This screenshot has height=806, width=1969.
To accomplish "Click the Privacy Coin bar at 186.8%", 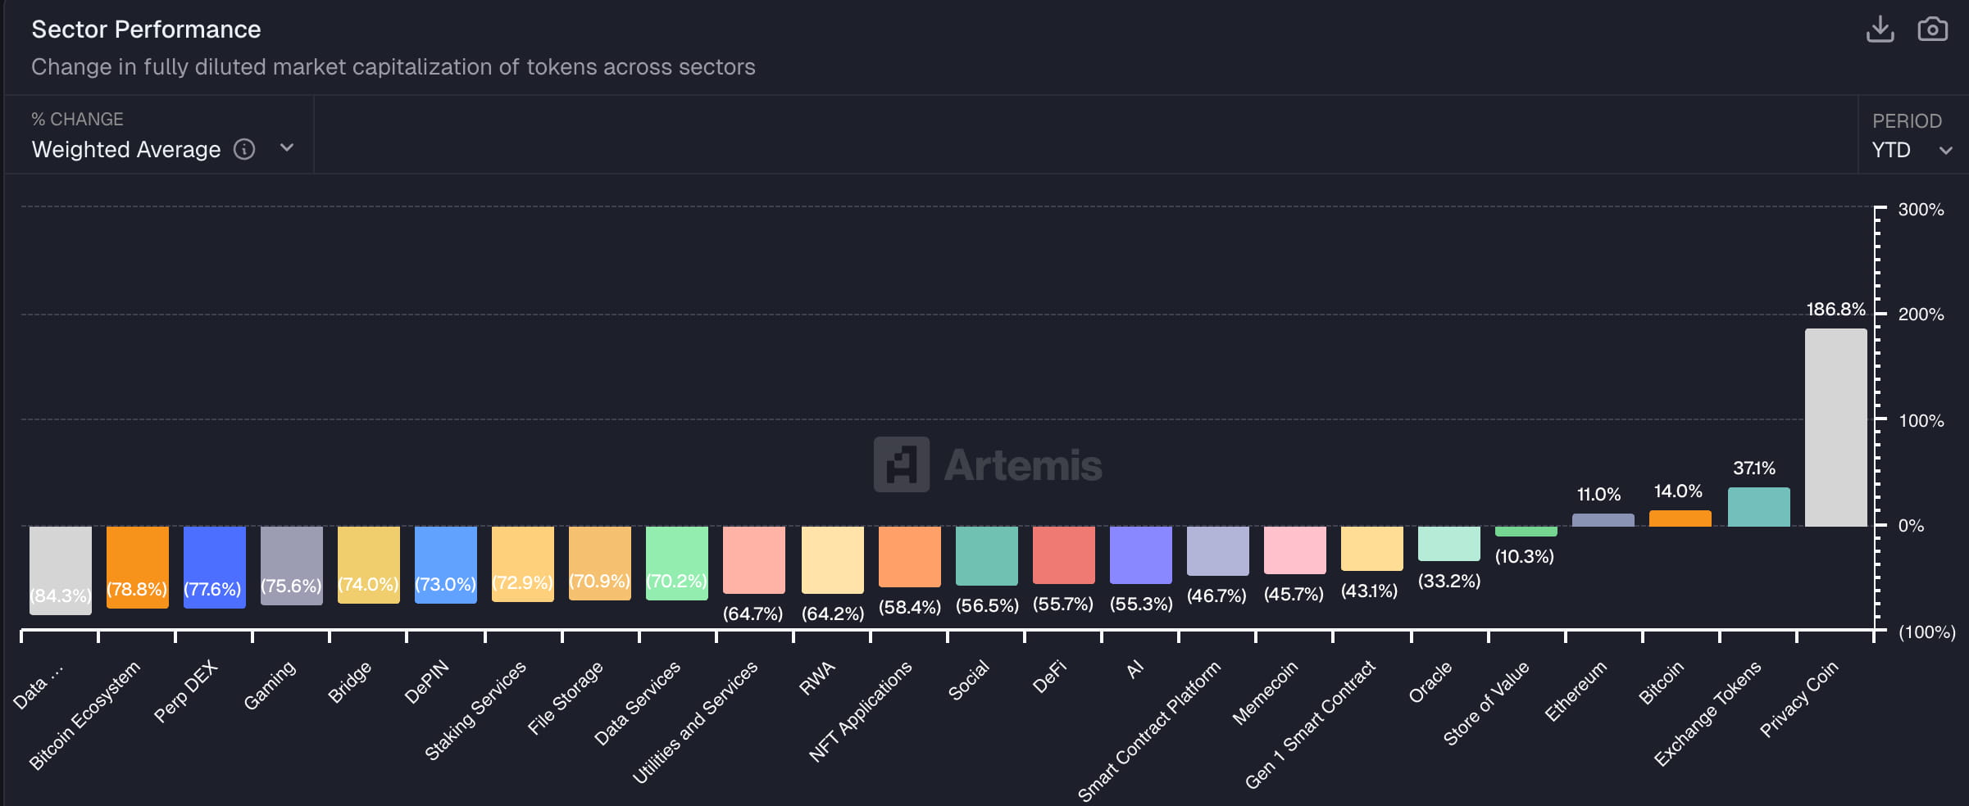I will pyautogui.click(x=1835, y=428).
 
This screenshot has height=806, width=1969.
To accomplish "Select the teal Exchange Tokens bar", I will pyautogui.click(x=1758, y=507).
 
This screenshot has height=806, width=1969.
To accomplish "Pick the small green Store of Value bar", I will pyautogui.click(x=1526, y=532).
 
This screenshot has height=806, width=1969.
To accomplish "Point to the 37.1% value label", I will pyautogui.click(x=1753, y=469).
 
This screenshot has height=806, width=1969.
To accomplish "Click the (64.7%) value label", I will pyautogui.click(x=753, y=614).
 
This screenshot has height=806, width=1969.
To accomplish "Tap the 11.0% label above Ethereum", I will pyautogui.click(x=1598, y=495).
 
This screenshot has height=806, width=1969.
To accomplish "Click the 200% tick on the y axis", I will pyautogui.click(x=1921, y=315).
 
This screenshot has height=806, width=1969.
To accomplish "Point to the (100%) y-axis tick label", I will pyautogui.click(x=1926, y=632).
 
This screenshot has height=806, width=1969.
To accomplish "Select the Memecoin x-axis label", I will pyautogui.click(x=1265, y=693).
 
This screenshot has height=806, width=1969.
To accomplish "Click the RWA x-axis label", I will pyautogui.click(x=817, y=678).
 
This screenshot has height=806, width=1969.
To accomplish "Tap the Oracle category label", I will pyautogui.click(x=1430, y=682).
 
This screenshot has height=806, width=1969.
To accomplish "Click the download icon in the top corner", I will pyautogui.click(x=1880, y=29).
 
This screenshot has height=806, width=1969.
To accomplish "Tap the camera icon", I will pyautogui.click(x=1932, y=29).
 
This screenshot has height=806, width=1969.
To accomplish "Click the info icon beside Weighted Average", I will pyautogui.click(x=244, y=149).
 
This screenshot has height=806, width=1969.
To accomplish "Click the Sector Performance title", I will pyautogui.click(x=146, y=29).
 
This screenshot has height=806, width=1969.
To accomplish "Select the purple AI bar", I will pyautogui.click(x=1140, y=554).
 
